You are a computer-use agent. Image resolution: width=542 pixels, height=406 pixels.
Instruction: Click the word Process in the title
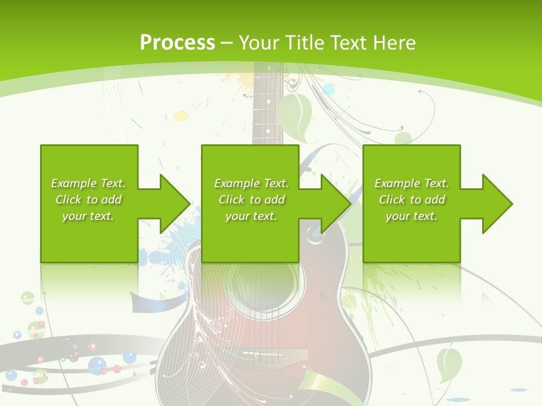[x=177, y=42]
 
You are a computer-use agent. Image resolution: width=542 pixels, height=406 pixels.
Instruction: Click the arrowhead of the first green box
[x=175, y=204]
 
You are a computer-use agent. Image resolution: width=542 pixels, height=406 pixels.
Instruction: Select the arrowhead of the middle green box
[x=336, y=204]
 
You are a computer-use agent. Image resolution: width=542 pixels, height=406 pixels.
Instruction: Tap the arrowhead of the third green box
[x=497, y=204]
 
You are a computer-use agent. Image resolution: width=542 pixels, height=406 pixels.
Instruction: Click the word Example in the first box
[x=73, y=183]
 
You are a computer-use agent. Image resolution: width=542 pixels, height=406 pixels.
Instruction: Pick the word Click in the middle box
[x=231, y=200]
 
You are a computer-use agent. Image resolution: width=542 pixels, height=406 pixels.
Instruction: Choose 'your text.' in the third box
[x=411, y=216]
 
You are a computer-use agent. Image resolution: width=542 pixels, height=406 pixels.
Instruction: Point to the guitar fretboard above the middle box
[x=267, y=113]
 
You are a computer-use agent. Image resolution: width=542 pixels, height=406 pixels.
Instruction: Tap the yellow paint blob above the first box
[x=181, y=116]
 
